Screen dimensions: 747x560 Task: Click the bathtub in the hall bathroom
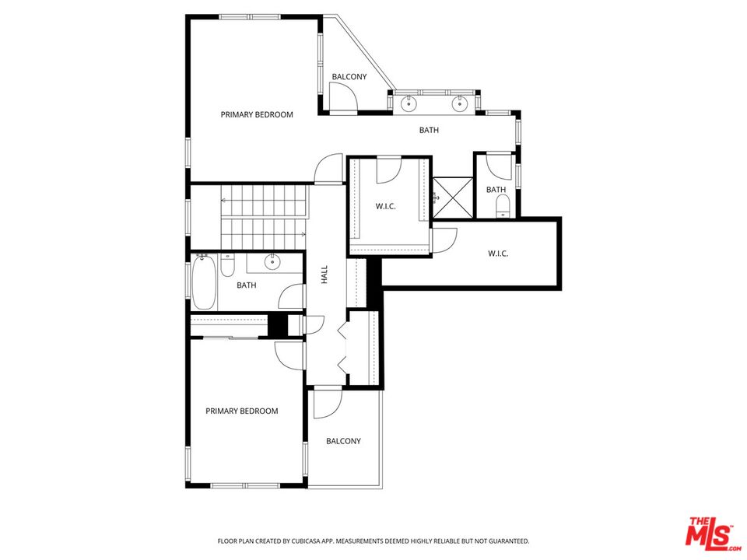pyautogui.click(x=205, y=282)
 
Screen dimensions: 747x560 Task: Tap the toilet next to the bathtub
pyautogui.click(x=228, y=266)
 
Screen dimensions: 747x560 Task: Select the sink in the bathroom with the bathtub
pyautogui.click(x=272, y=261)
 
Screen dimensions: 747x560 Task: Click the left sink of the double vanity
pyautogui.click(x=409, y=103)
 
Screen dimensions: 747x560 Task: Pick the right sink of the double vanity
pyautogui.click(x=460, y=103)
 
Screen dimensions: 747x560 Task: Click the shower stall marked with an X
pyautogui.click(x=453, y=198)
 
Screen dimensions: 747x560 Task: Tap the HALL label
pyautogui.click(x=324, y=275)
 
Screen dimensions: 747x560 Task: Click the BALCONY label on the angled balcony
pyautogui.click(x=349, y=77)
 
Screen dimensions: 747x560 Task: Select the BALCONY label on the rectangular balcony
pyautogui.click(x=343, y=441)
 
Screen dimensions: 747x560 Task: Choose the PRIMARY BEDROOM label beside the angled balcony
pyautogui.click(x=257, y=114)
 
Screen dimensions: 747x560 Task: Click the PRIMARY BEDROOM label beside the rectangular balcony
pyautogui.click(x=241, y=411)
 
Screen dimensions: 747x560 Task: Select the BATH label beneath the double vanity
pyautogui.click(x=429, y=130)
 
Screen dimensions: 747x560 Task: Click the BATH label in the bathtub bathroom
pyautogui.click(x=247, y=285)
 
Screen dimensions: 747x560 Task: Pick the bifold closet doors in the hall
pyautogui.click(x=343, y=347)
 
